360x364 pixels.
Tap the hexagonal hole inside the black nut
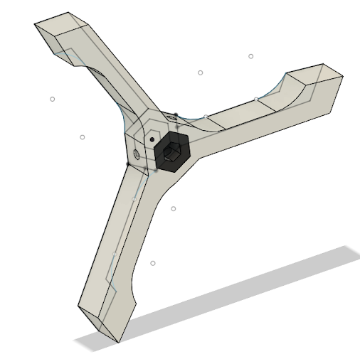171,151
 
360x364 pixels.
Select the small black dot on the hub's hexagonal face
152,139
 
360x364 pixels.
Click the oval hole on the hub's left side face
137,154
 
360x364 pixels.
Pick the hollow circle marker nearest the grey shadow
153,264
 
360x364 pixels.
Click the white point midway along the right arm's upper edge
256,99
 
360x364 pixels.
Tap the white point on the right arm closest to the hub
206,116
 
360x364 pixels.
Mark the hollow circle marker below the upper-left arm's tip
53,99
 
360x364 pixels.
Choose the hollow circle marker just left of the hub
83,137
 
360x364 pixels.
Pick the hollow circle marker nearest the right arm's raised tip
251,56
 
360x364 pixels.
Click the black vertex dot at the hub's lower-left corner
127,164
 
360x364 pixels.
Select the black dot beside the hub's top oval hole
177,112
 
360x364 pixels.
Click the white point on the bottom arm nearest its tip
115,254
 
